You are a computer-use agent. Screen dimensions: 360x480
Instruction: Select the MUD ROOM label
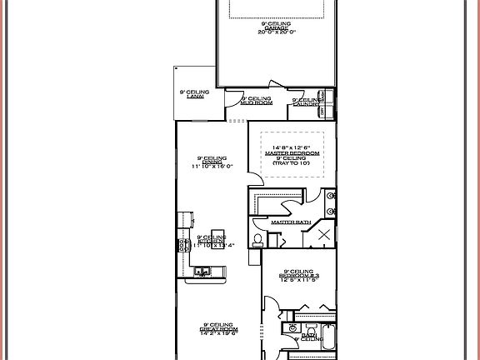click(256, 102)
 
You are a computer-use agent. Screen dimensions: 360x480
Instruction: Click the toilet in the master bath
click(258, 241)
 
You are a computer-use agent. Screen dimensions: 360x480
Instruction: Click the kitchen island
click(218, 237)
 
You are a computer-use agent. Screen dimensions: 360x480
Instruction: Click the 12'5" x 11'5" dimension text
click(297, 281)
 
